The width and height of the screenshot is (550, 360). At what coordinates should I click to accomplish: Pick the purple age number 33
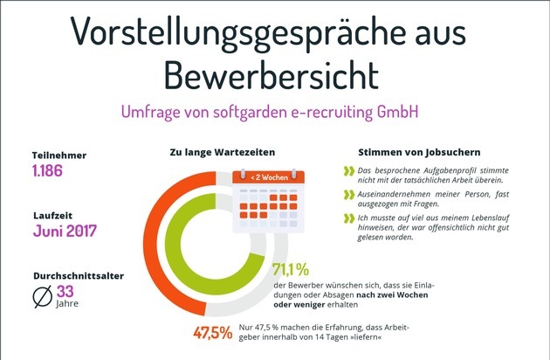coord(66,291)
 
